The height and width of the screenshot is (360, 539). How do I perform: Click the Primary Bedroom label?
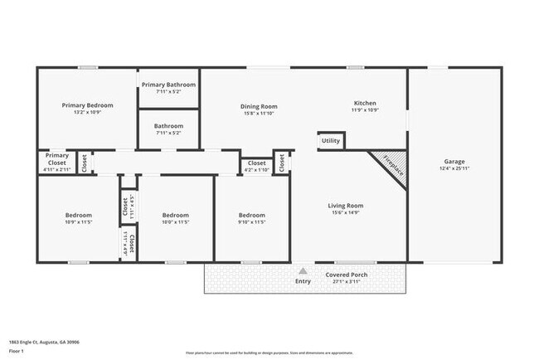(88, 105)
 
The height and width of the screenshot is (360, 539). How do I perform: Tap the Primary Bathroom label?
(168, 85)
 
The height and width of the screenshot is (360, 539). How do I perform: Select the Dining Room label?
(259, 106)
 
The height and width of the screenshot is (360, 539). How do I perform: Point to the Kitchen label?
(364, 103)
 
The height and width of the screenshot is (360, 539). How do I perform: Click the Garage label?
(454, 162)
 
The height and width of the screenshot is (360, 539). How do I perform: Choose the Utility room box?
(331, 141)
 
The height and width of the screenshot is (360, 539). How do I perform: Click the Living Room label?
(346, 206)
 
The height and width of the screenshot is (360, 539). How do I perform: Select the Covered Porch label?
(347, 275)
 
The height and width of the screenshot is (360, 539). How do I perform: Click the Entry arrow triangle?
(303, 270)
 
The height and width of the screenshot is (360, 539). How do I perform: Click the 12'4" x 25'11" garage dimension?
(454, 169)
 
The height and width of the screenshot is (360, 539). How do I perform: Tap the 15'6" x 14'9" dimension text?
(346, 213)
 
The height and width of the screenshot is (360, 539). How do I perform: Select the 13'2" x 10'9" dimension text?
(88, 113)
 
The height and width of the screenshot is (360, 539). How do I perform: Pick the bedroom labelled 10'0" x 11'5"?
(176, 218)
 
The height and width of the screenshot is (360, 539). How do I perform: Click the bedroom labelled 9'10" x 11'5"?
(251, 218)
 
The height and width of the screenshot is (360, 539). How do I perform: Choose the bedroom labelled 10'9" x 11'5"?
(79, 218)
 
